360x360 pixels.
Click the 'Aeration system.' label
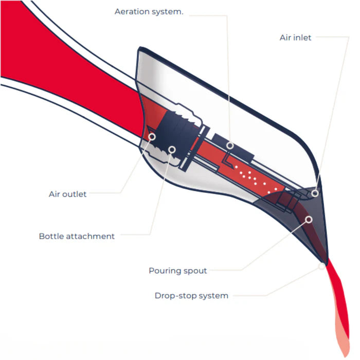click(149, 11)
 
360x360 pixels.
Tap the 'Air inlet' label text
click(295, 38)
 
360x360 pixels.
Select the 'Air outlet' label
click(67, 194)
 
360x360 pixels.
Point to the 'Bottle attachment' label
click(77, 236)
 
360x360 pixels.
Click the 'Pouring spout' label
click(177, 271)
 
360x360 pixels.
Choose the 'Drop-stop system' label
click(191, 296)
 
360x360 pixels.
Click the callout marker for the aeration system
click(230, 146)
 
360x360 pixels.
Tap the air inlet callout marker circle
click(315, 192)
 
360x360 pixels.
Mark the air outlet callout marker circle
click(153, 136)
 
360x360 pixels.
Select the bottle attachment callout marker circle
click(172, 150)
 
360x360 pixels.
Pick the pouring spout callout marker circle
click(309, 220)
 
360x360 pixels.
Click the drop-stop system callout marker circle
click(322, 266)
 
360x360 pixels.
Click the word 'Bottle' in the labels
click(52, 236)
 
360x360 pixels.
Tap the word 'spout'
click(195, 271)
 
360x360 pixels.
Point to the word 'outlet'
click(75, 194)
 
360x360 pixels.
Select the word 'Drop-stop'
click(175, 296)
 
